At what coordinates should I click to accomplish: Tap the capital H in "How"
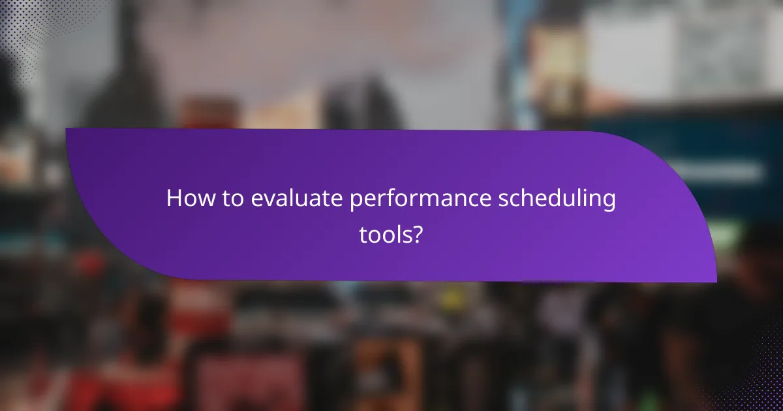(x=174, y=198)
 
